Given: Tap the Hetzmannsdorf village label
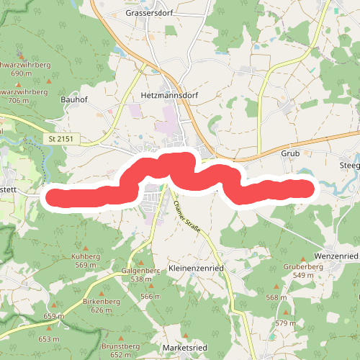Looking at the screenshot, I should click(x=169, y=95).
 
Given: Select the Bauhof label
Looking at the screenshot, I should click(x=74, y=99).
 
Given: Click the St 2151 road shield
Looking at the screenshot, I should click(x=63, y=138).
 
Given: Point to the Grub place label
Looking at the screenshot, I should click(x=289, y=154).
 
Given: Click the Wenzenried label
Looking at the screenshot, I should click(x=336, y=256).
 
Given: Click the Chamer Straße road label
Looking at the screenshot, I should click(x=185, y=215).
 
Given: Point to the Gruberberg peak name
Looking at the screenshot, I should click(x=303, y=266).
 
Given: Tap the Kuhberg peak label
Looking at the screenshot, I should click(x=85, y=256).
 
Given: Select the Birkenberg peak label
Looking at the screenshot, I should click(x=101, y=302).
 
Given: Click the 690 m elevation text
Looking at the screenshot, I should click(x=22, y=73).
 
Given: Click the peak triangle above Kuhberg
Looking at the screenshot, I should click(x=86, y=245).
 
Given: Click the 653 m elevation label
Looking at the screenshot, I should click(x=48, y=338).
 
